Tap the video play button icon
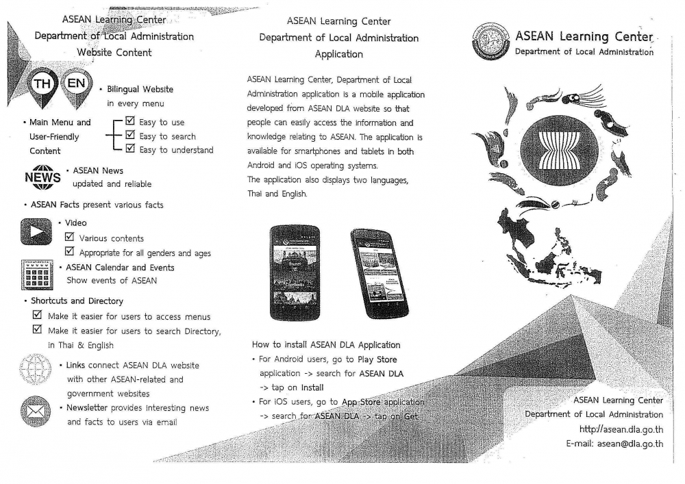pyautogui.click(x=37, y=232)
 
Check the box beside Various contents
pyautogui.click(x=69, y=238)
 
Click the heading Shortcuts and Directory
pyautogui.click(x=77, y=301)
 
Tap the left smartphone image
pyautogui.click(x=295, y=272)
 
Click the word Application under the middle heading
pyautogui.click(x=338, y=53)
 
